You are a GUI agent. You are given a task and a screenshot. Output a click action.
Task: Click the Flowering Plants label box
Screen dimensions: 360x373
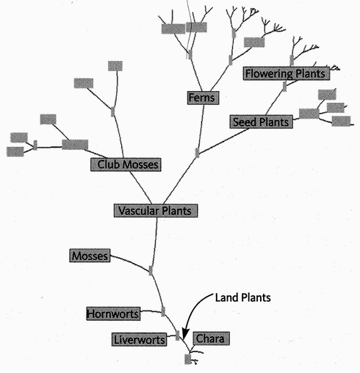click(x=287, y=73)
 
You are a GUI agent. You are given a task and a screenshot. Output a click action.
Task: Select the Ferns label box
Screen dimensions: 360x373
click(x=203, y=98)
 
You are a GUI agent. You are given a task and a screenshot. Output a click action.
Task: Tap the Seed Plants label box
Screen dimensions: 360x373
click(x=262, y=122)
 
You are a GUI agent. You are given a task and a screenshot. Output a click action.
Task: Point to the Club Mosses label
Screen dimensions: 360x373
click(x=126, y=164)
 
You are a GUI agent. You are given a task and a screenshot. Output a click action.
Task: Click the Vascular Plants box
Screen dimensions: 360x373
click(x=156, y=211)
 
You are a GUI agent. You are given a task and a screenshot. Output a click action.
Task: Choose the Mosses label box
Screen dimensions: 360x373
click(x=90, y=256)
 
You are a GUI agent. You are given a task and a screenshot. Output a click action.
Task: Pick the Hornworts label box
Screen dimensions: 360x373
click(x=113, y=314)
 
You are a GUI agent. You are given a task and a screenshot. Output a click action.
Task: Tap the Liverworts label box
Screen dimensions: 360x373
click(x=139, y=339)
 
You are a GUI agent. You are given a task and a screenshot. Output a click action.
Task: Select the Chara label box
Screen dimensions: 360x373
click(x=212, y=338)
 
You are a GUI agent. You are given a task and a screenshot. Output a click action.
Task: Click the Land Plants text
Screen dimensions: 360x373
click(x=243, y=297)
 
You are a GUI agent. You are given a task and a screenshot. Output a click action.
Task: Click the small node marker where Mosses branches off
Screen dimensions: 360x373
click(x=151, y=270)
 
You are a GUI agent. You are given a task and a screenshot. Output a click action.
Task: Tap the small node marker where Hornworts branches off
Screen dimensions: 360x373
click(x=163, y=311)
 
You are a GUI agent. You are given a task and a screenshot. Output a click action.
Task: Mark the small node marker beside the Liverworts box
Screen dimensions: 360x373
click(x=178, y=336)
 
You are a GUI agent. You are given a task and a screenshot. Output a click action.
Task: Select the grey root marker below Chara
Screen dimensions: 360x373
click(x=188, y=359)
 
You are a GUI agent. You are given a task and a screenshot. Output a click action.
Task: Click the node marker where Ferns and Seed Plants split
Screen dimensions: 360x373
click(x=197, y=153)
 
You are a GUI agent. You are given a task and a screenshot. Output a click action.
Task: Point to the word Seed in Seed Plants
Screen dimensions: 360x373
click(x=244, y=122)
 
